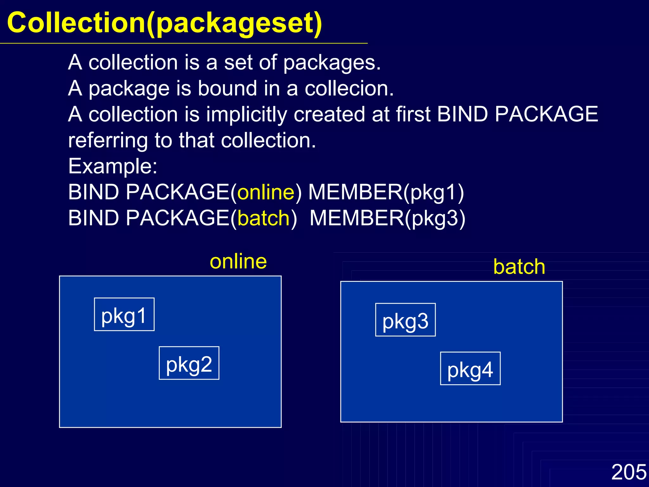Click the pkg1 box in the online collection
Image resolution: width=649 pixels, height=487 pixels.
click(124, 315)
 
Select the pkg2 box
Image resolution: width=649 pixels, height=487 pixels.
click(189, 363)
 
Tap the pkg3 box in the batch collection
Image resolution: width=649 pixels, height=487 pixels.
click(405, 320)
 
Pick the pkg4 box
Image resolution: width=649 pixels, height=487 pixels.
click(470, 368)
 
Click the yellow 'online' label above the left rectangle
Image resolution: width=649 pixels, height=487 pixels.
click(238, 262)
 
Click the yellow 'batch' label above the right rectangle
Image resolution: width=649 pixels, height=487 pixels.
click(519, 267)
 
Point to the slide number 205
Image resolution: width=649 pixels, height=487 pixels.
click(629, 472)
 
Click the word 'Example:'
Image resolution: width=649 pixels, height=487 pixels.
click(113, 166)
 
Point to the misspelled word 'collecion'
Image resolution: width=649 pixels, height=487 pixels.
click(349, 88)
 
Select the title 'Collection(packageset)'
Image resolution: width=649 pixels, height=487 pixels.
click(164, 23)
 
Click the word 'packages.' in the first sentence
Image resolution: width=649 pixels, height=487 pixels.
click(332, 62)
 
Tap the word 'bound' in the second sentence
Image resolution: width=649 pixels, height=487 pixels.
click(227, 88)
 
